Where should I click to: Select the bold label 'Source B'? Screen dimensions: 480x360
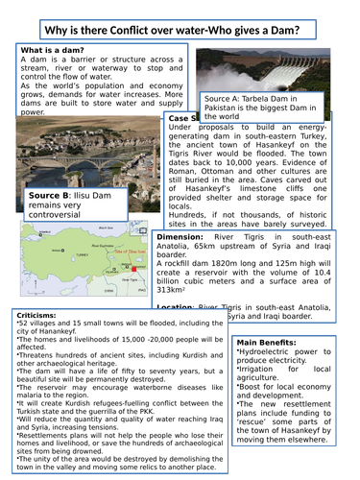[x=52, y=196]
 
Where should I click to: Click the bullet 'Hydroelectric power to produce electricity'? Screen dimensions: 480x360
[x=286, y=360]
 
